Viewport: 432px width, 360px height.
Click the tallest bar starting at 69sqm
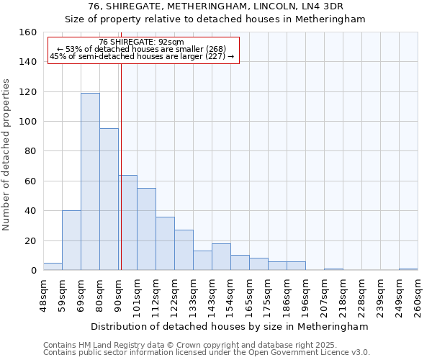click(90, 181)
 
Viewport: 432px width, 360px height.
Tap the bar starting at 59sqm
click(71, 240)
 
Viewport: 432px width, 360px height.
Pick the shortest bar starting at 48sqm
click(53, 266)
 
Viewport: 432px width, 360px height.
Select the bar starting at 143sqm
click(221, 257)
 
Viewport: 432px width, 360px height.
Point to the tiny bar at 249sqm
click(408, 269)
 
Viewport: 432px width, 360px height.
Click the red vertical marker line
click(121, 166)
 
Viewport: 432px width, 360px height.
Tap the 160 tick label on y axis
click(28, 32)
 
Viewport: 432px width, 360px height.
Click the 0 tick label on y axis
click(33, 271)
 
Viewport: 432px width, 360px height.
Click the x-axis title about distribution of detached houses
click(230, 326)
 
